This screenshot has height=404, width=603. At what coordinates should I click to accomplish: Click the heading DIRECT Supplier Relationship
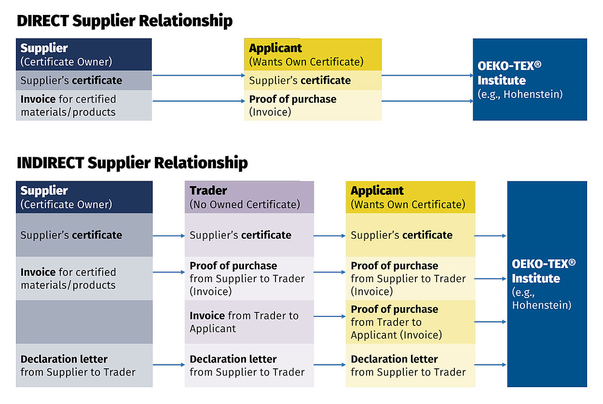(x=124, y=21)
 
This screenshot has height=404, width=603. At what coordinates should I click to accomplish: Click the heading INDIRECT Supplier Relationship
(x=132, y=163)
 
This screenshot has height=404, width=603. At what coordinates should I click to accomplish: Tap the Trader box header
(x=249, y=197)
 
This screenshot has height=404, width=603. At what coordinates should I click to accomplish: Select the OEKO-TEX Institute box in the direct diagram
(x=530, y=80)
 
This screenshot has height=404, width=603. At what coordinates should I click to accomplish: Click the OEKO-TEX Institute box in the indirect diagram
(x=547, y=284)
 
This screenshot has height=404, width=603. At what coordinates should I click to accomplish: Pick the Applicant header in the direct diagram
(x=313, y=54)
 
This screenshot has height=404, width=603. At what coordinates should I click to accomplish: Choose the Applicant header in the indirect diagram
(x=410, y=197)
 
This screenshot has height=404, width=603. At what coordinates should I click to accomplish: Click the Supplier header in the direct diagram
(x=84, y=54)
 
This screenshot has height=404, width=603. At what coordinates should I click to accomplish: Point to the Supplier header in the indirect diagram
(x=84, y=197)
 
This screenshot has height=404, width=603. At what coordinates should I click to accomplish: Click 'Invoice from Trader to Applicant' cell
(x=249, y=322)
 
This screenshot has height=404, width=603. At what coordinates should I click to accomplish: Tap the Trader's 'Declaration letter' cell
(x=249, y=365)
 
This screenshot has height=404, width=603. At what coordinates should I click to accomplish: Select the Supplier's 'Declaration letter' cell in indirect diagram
(x=84, y=365)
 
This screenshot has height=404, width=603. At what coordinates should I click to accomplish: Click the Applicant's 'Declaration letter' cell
(x=410, y=365)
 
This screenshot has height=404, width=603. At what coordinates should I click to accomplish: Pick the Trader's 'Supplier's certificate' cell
(x=249, y=235)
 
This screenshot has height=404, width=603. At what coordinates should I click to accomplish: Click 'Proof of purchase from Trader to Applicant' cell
(x=410, y=322)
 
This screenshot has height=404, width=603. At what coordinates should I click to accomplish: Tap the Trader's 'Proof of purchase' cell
(x=249, y=278)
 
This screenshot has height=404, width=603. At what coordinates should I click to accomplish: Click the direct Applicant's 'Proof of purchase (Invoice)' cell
(x=313, y=105)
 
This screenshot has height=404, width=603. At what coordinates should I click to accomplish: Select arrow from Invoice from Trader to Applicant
(x=329, y=317)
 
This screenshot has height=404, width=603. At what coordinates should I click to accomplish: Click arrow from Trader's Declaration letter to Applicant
(x=329, y=365)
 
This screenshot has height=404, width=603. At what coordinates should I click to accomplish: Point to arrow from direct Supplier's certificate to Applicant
(x=198, y=75)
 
